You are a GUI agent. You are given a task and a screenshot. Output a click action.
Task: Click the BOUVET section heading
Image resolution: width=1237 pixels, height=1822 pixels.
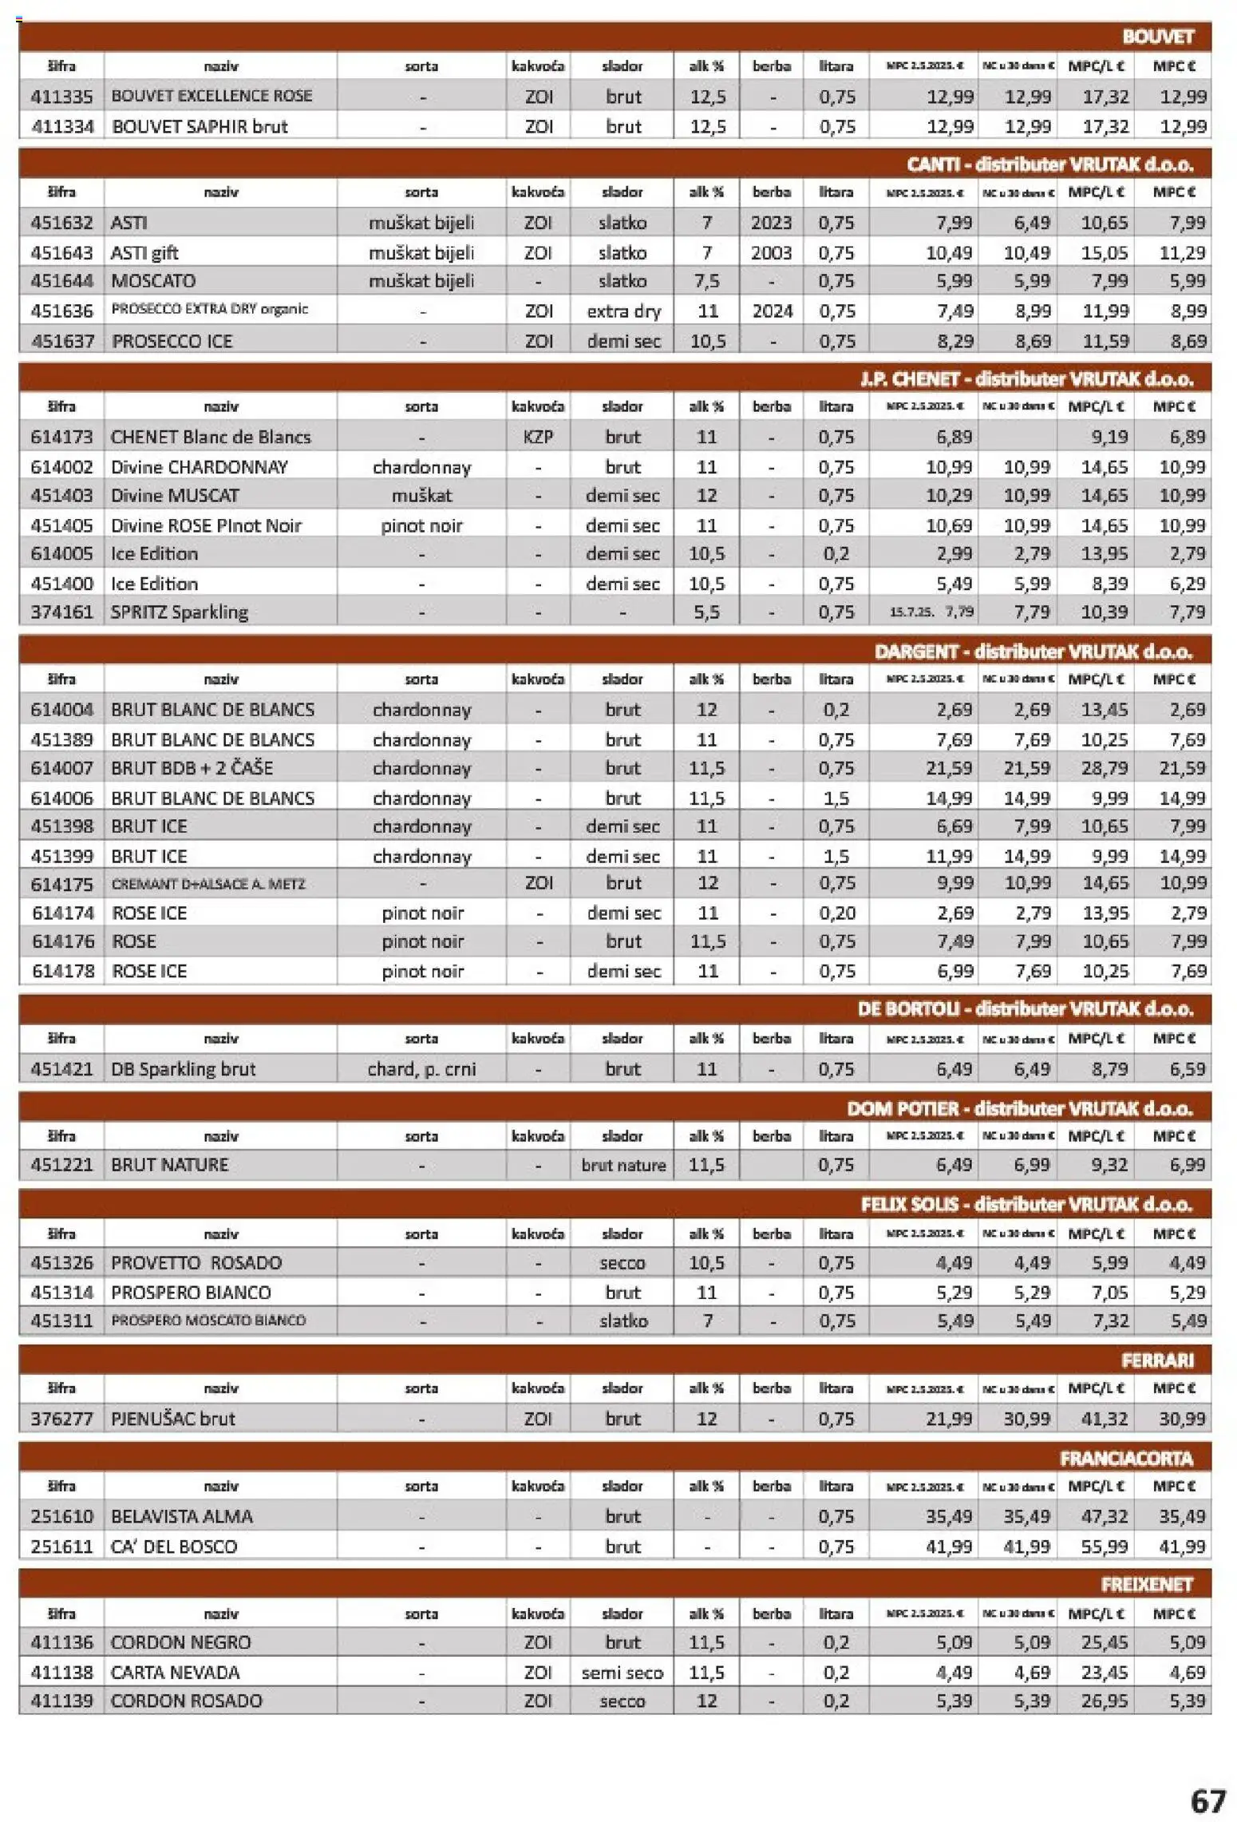1157,37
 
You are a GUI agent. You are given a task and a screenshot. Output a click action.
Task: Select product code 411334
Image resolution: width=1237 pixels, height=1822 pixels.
61,126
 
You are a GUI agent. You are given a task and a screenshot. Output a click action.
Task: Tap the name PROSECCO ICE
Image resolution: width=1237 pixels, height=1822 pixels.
172,341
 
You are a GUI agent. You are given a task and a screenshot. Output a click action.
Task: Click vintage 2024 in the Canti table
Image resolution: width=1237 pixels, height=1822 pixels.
772,311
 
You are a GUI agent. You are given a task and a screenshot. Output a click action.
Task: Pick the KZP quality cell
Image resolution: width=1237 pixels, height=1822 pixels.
538,437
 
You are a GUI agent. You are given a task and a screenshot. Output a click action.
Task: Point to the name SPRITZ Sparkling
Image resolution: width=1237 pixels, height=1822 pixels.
180,612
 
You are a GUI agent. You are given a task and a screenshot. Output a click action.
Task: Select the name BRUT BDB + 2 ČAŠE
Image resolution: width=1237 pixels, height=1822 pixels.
192,768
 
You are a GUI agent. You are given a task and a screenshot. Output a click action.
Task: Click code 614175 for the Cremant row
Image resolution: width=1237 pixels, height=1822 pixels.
61,884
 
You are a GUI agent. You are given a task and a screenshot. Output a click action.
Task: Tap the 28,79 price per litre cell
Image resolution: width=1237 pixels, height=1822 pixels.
1105,768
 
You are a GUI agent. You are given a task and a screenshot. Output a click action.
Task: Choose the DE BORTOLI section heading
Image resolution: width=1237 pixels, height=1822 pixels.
1026,1009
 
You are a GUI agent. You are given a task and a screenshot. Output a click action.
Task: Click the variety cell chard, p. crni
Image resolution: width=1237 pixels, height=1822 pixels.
421,1069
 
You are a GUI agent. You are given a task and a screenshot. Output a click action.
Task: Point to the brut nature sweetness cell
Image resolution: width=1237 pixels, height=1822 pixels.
622,1165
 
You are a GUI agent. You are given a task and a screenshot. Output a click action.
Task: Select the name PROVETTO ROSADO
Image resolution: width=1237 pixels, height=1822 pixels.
196,1262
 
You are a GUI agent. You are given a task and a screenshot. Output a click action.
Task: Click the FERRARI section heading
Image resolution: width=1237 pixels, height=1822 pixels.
1157,1361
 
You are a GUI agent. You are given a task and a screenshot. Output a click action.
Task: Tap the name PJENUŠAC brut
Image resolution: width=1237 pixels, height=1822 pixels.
173,1419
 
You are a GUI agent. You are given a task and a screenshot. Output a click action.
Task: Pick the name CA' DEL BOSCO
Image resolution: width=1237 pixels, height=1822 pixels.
174,1547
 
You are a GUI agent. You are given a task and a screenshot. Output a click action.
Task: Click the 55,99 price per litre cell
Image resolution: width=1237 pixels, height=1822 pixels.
1105,1547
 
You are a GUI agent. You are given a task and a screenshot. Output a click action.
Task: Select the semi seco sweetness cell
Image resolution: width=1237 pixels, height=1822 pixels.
622,1673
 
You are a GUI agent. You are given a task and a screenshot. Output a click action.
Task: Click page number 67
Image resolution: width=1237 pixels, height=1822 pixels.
1207,1801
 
